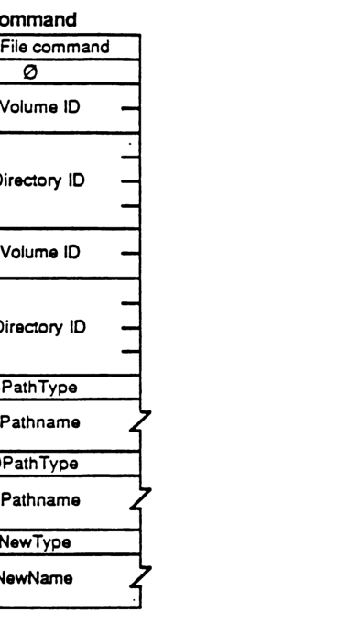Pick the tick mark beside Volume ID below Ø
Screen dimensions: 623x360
(132, 106)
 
